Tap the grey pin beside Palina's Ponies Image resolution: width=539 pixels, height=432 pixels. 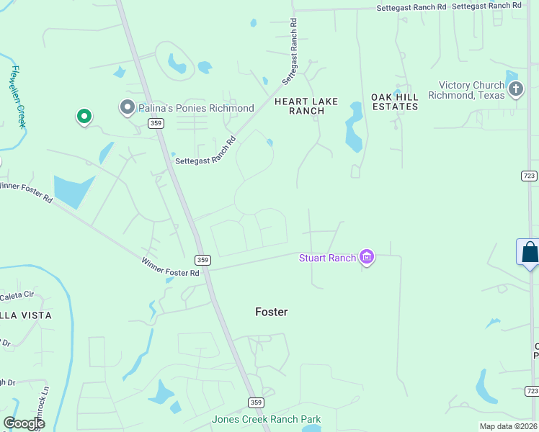(x=128, y=107)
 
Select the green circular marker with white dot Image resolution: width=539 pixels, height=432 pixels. (x=84, y=115)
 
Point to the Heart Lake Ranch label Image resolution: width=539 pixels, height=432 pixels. (x=306, y=106)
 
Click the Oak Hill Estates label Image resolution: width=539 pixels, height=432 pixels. (x=394, y=102)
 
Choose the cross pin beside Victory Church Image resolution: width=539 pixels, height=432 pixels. (x=515, y=89)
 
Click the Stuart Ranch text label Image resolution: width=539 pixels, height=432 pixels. (x=328, y=258)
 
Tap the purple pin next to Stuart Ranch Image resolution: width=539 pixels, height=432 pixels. (x=367, y=257)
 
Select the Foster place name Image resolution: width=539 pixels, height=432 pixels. (x=272, y=312)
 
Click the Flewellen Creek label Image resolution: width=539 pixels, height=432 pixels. (x=19, y=97)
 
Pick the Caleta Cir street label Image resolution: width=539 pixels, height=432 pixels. (x=17, y=295)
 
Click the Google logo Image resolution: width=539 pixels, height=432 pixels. (x=24, y=423)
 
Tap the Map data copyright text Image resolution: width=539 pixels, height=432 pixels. (x=509, y=426)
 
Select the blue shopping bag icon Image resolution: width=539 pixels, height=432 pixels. (x=530, y=252)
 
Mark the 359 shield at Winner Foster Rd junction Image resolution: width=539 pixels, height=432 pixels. (x=202, y=259)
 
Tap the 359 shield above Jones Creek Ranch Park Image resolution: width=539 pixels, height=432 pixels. (x=256, y=402)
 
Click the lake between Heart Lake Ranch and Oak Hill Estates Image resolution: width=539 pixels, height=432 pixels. (x=354, y=127)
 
